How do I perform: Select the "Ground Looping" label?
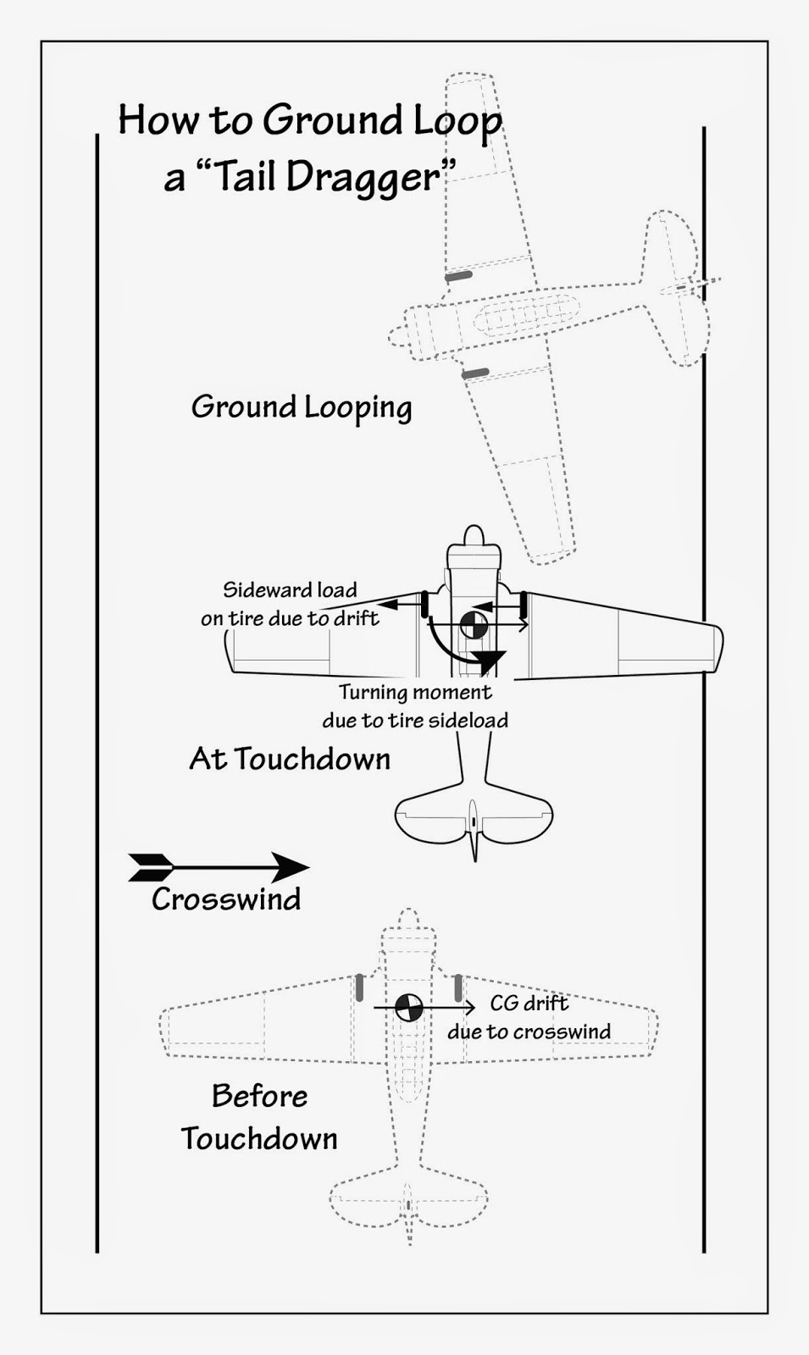pyautogui.click(x=302, y=407)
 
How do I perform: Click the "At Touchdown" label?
pyautogui.click(x=290, y=759)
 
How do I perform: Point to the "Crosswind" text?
pyautogui.click(x=226, y=899)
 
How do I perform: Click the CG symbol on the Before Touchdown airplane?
pyautogui.click(x=409, y=1008)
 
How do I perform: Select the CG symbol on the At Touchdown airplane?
pyautogui.click(x=474, y=625)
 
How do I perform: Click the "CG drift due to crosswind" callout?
pyautogui.click(x=529, y=1017)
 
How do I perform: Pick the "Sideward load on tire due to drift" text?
pyautogui.click(x=290, y=604)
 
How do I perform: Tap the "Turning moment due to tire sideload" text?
pyautogui.click(x=415, y=706)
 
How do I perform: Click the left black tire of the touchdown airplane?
pyautogui.click(x=424, y=605)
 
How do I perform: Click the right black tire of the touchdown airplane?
pyautogui.click(x=524, y=604)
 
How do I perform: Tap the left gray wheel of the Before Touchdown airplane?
pyautogui.click(x=360, y=987)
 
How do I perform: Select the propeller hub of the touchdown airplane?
pyautogui.click(x=474, y=536)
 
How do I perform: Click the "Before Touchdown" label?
pyautogui.click(x=259, y=1117)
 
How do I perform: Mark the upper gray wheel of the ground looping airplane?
pyautogui.click(x=458, y=275)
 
